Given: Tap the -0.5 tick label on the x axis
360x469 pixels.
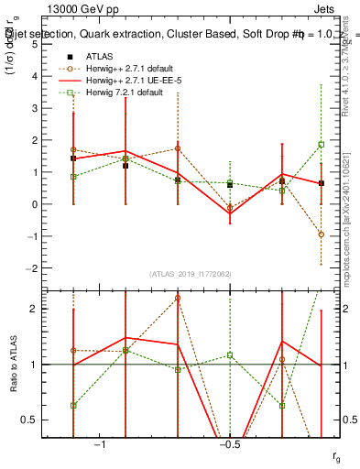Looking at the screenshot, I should coord(229,444).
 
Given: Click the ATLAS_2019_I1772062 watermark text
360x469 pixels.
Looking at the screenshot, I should coord(191,273).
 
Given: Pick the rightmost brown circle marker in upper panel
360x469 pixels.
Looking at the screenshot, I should coord(322,234).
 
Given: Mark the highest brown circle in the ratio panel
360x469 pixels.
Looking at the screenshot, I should coord(177,298).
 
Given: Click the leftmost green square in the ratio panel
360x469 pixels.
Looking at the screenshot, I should coord(73,405).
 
